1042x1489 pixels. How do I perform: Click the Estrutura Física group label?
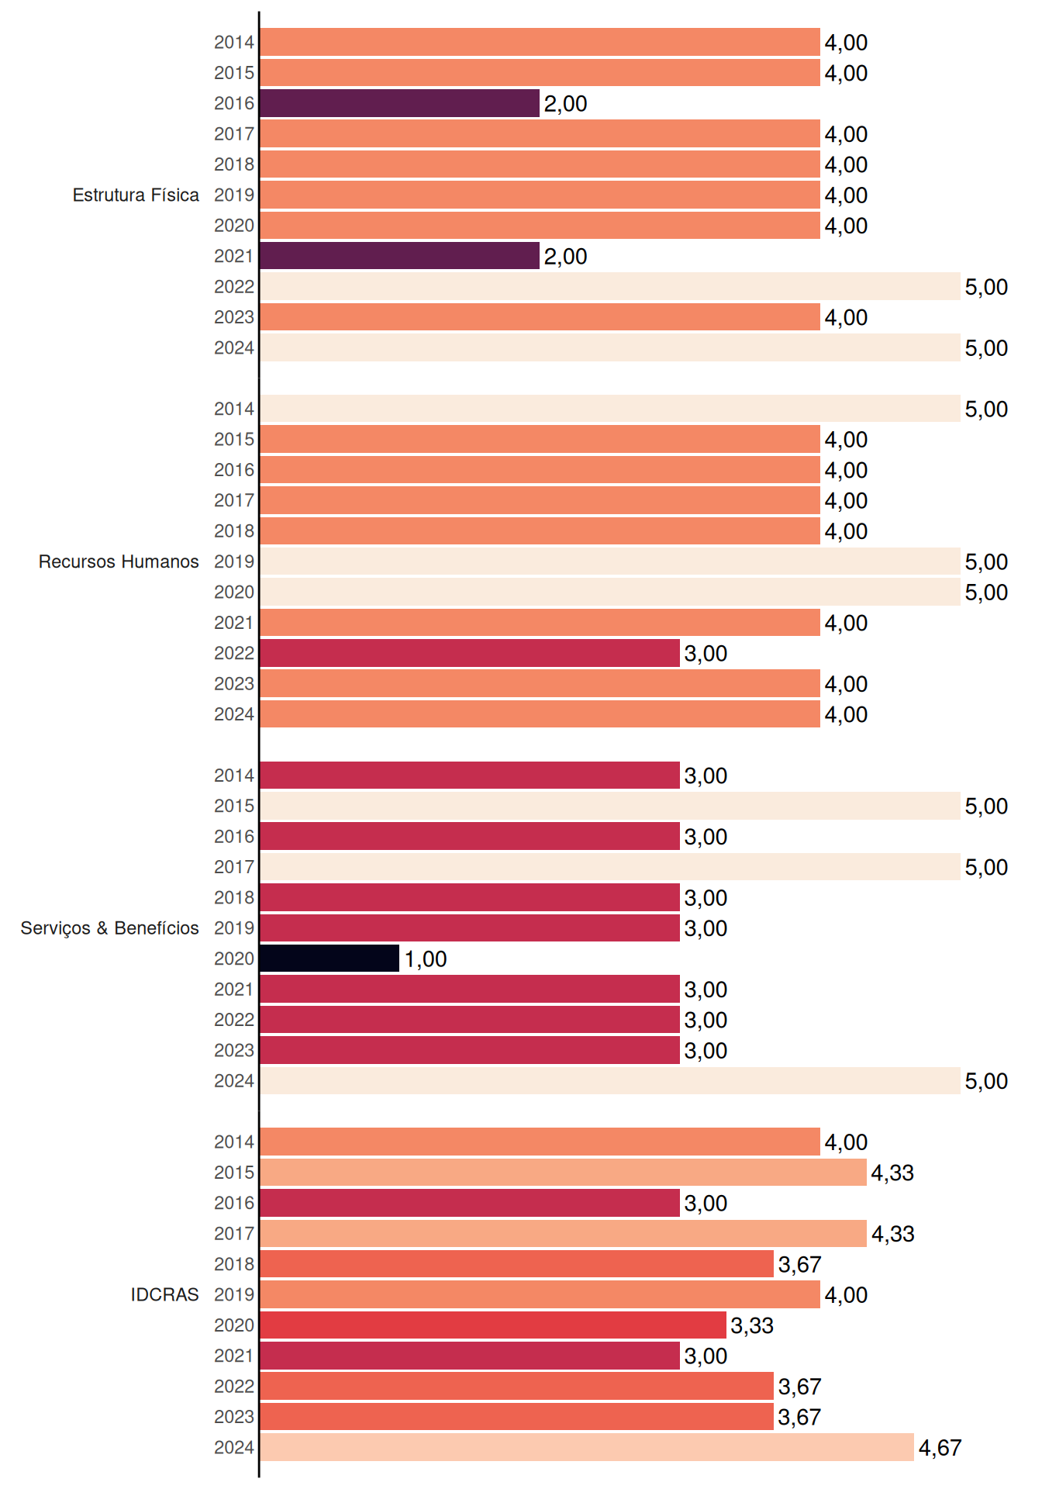[x=136, y=195]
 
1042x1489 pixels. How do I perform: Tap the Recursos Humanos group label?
[x=119, y=561]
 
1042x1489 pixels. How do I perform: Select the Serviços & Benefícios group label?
[x=109, y=928]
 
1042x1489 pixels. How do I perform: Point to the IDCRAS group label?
[x=164, y=1294]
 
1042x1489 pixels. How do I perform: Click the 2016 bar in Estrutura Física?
[x=399, y=103]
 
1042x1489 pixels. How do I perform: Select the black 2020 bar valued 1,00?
[x=330, y=959]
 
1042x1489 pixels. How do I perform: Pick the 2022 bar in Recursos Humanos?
[x=470, y=653]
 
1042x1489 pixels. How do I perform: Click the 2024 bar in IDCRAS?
[x=587, y=1447]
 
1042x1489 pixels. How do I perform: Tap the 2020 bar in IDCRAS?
[x=493, y=1325]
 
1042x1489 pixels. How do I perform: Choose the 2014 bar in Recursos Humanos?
[x=610, y=409]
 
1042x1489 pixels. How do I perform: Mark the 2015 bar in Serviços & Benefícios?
[x=610, y=806]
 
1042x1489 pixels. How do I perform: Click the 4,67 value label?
[x=940, y=1448]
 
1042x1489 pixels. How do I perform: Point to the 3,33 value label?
[x=752, y=1325]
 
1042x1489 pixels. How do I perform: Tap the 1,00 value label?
[x=426, y=959]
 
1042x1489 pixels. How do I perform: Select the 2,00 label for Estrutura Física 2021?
[x=565, y=257]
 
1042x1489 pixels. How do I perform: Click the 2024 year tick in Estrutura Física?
[x=234, y=347]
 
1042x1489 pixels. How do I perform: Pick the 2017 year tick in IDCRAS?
[x=234, y=1233]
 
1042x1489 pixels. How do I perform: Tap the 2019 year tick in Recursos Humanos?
[x=234, y=561]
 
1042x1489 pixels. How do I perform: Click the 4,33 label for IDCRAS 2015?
[x=892, y=1173]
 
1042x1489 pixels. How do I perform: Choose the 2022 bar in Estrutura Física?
[x=610, y=286]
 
